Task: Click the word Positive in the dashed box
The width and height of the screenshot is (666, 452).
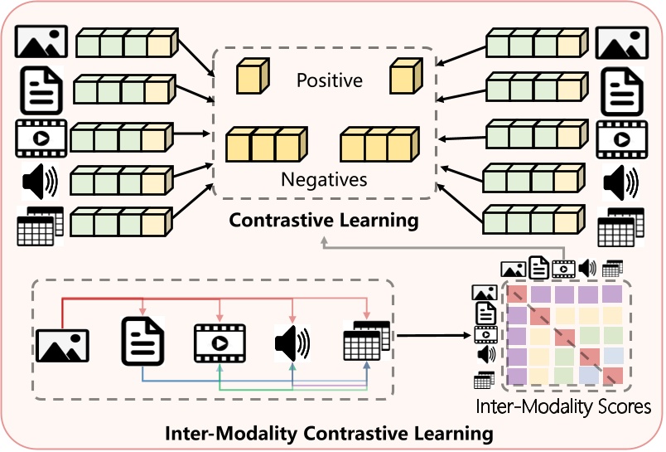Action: coord(330,80)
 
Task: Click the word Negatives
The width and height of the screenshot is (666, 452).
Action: coord(324,179)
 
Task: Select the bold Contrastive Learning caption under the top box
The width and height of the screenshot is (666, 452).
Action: coord(323,221)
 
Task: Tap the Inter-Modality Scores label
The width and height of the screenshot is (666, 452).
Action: coord(563,407)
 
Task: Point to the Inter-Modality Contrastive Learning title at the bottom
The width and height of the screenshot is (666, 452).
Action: coord(329,434)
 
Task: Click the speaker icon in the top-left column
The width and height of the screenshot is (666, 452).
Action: coord(38,181)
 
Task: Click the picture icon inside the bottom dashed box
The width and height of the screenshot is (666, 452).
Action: coord(62,343)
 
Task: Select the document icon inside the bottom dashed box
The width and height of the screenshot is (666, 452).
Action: coord(142,341)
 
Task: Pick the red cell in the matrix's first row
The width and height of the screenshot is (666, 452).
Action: coord(516,294)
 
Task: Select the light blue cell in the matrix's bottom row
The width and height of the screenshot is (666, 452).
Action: coord(588,376)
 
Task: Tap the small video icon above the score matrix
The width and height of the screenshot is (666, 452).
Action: coord(564,268)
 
